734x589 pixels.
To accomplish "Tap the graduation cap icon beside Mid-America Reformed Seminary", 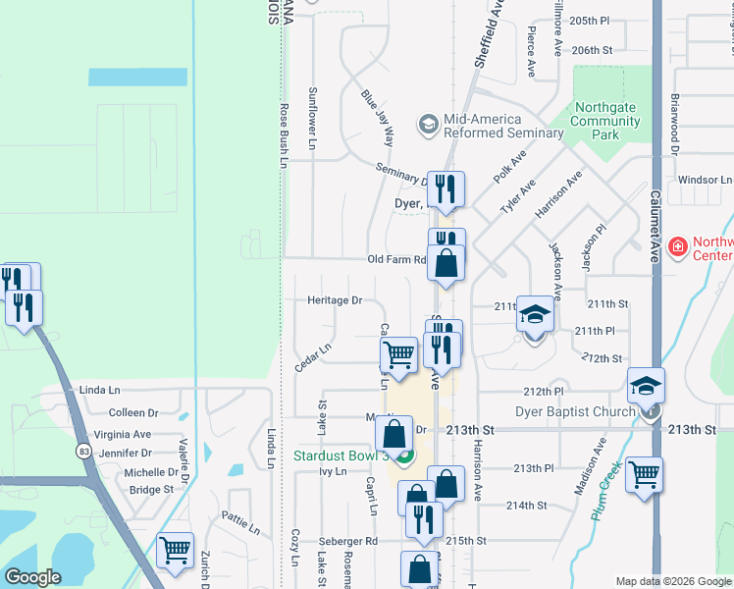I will (428, 125).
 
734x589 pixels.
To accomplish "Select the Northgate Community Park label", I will (605, 122).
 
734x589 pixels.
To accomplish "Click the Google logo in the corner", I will (32, 577).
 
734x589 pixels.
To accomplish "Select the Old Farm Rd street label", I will (396, 260).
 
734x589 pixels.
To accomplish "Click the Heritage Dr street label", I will (335, 300).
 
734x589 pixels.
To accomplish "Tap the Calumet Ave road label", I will (656, 226).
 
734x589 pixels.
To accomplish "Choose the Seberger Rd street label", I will (347, 541).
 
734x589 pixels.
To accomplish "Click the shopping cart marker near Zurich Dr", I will (175, 551).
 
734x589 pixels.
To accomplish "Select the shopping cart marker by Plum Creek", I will (644, 475).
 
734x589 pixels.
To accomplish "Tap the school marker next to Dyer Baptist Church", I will (646, 386).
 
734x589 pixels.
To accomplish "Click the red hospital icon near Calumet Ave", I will (676, 245).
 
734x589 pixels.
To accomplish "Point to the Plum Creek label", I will (606, 491).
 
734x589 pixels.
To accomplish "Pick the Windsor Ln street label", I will (706, 181).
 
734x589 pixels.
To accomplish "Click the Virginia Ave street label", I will (123, 434).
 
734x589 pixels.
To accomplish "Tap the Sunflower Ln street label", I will (312, 118).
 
